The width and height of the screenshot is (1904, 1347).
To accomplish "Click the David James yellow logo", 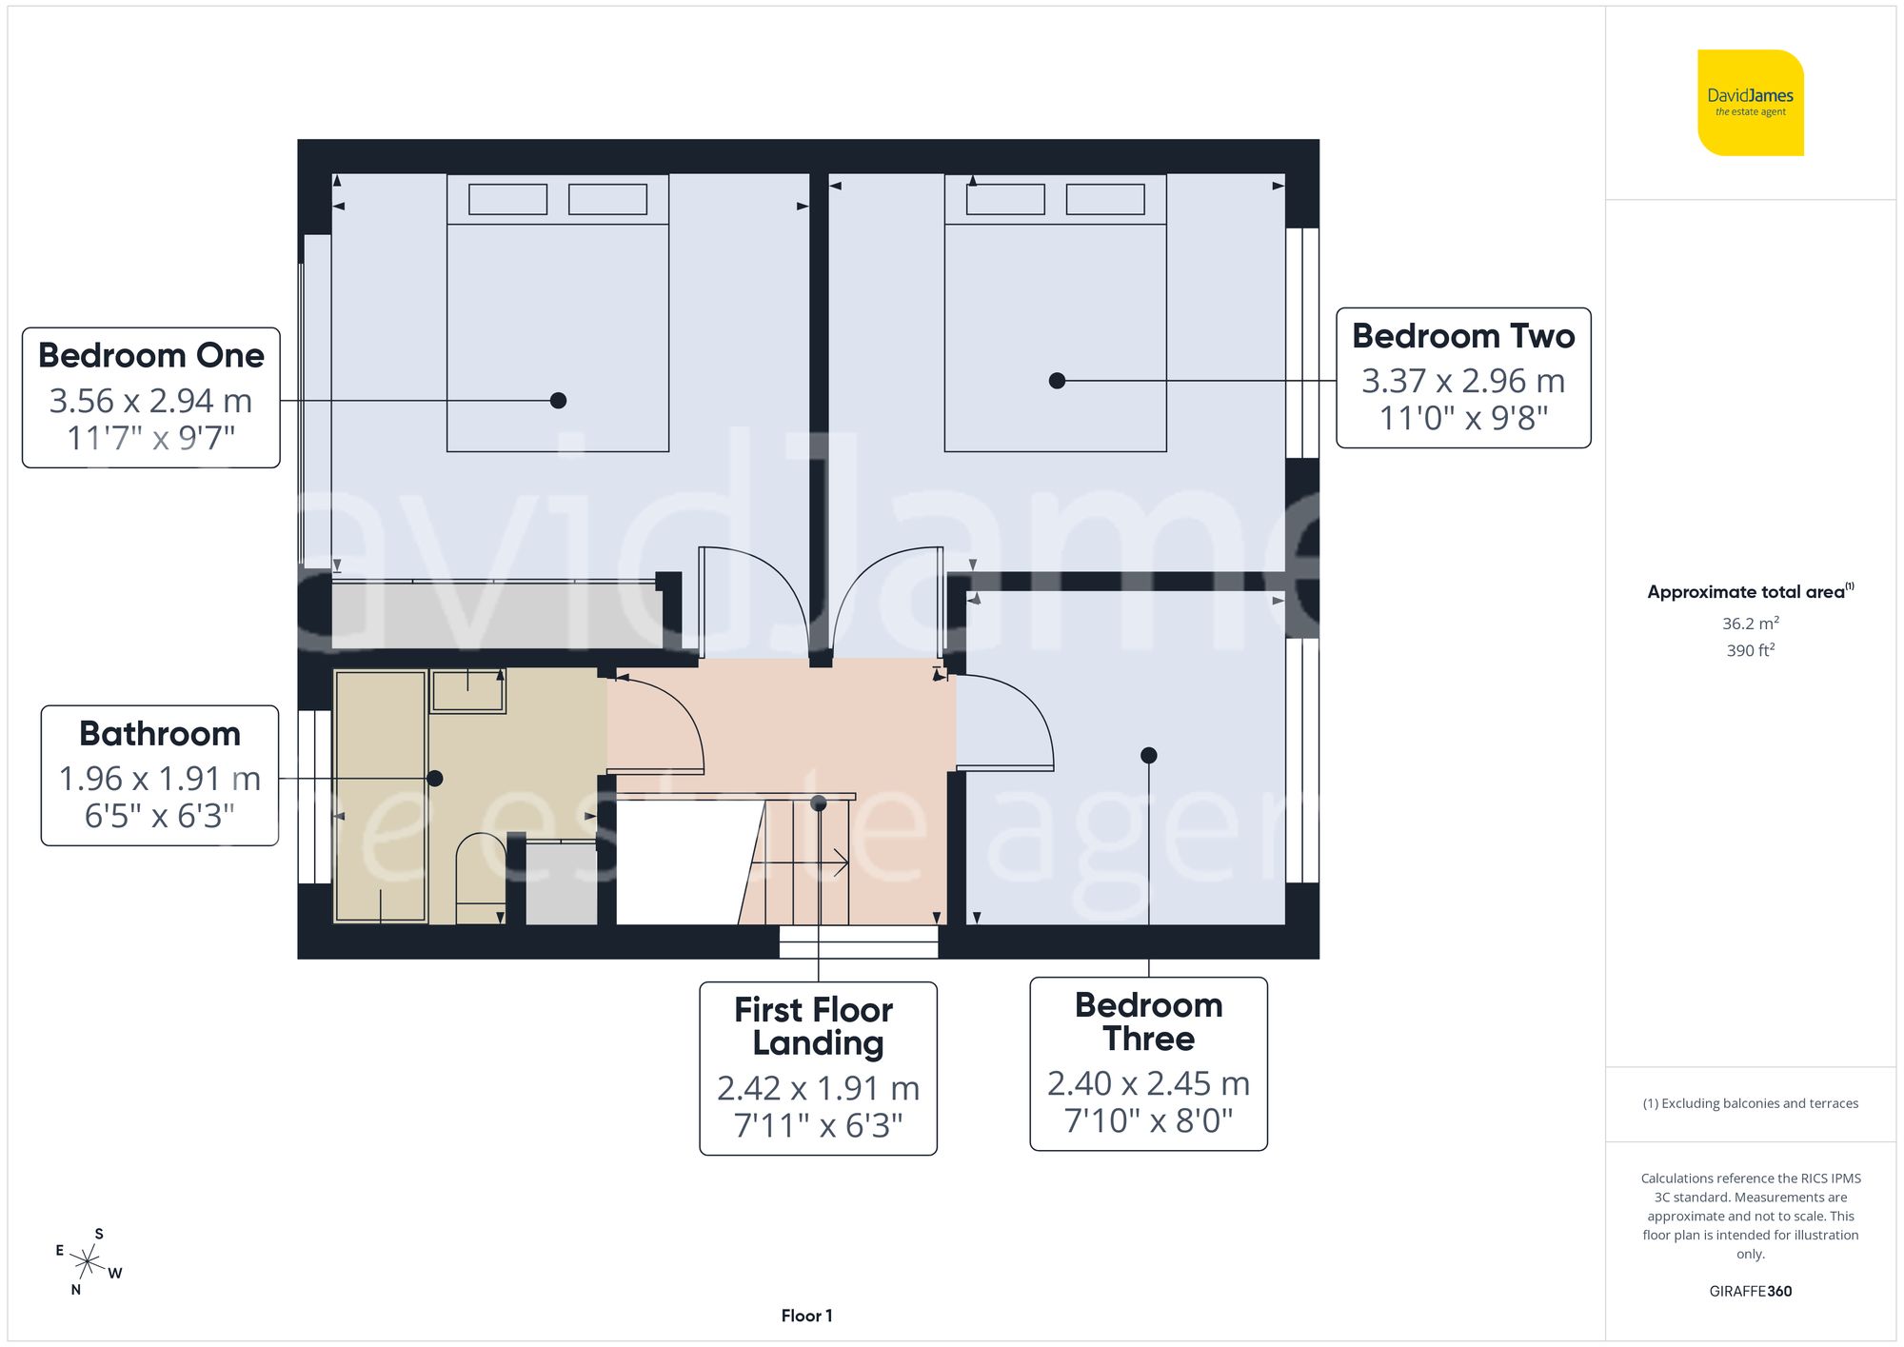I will [1750, 103].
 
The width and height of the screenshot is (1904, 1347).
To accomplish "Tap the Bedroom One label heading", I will [151, 355].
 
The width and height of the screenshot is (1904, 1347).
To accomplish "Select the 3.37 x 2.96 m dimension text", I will [1463, 381].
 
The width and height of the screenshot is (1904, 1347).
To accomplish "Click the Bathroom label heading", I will [160, 734].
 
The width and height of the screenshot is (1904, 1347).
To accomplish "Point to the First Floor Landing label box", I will [818, 1068].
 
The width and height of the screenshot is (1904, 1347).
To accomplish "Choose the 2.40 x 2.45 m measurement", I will [1148, 1083].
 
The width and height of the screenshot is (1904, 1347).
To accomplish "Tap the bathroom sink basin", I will [467, 690].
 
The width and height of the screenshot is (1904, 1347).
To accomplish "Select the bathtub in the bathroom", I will [380, 796].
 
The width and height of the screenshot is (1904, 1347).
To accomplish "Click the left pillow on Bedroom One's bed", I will [507, 200].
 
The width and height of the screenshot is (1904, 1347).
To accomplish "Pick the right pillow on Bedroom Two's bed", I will [1104, 200].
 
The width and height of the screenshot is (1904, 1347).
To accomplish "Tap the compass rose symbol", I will [88, 1263].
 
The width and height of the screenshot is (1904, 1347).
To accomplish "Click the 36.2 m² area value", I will [1750, 624].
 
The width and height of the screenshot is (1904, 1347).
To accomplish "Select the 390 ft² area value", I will [1750, 650].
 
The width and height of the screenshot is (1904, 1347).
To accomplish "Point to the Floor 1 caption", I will [806, 1316].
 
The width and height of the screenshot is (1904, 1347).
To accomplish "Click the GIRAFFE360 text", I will [1750, 1292].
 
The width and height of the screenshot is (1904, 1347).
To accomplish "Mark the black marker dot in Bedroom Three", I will [1149, 755].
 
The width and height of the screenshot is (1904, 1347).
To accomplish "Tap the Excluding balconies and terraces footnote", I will [1750, 1103].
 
